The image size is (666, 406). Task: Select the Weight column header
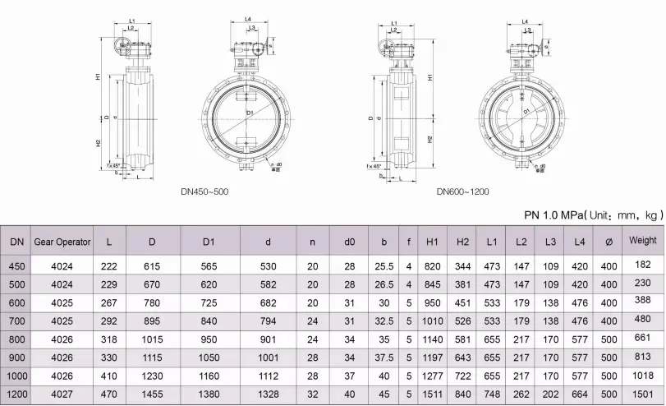pos(643,241)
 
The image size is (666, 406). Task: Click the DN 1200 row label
pos(16,394)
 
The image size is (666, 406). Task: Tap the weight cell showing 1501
pos(643,394)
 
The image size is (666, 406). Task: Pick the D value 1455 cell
pos(151,394)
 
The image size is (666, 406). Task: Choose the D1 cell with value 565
pos(209,265)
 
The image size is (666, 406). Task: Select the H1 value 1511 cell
pos(434,394)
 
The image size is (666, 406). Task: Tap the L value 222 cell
pos(108,265)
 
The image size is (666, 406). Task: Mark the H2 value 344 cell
pos(462,265)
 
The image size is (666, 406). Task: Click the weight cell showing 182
pos(643,264)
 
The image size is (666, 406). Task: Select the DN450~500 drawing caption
pos(204,191)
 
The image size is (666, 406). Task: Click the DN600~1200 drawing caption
pos(462,191)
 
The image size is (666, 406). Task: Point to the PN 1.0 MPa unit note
pos(593,215)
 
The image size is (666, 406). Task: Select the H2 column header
pos(462,242)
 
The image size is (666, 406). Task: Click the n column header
pos(312,242)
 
